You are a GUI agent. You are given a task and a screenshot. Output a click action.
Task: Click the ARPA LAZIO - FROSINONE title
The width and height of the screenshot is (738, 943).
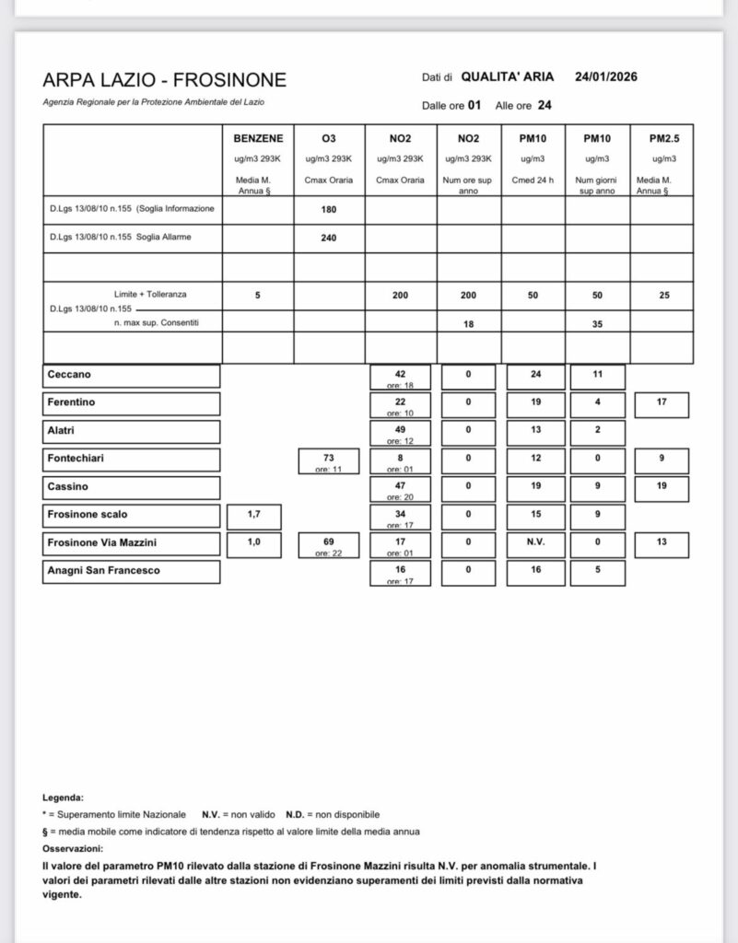164,81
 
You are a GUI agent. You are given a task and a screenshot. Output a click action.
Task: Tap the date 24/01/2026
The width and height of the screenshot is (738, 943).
606,77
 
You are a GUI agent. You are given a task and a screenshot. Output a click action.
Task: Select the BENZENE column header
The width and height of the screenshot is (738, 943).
258,138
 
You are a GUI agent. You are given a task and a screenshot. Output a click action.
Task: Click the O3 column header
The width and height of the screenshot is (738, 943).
329,138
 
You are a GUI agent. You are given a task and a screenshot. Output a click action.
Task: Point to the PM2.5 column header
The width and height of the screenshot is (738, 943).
662,138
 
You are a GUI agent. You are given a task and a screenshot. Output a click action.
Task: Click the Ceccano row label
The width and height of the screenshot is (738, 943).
69,376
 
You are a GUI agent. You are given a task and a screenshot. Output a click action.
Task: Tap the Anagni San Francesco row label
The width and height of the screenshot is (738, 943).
103,571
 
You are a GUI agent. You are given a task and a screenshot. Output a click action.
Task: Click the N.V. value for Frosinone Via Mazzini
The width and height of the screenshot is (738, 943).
533,542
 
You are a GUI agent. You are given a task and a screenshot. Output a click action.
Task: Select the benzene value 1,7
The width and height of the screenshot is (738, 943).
253,514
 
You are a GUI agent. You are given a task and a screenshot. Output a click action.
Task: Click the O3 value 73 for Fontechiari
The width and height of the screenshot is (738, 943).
329,457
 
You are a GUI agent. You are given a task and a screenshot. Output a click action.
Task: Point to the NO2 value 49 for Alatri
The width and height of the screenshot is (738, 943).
400,429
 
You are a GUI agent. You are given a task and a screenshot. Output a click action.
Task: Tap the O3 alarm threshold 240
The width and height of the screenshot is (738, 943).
329,238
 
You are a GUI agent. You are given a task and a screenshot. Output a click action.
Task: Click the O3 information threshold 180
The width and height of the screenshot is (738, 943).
329,209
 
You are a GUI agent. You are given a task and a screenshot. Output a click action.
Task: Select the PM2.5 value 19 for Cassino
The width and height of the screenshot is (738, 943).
662,485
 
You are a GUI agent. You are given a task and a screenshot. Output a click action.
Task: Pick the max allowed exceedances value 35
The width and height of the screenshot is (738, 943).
597,323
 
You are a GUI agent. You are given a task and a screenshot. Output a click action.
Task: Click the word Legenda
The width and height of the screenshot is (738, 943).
63,797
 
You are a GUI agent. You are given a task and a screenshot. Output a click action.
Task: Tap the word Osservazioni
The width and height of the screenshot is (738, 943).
73,848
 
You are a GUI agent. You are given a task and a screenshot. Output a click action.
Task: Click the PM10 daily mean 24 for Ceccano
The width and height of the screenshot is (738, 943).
533,375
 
